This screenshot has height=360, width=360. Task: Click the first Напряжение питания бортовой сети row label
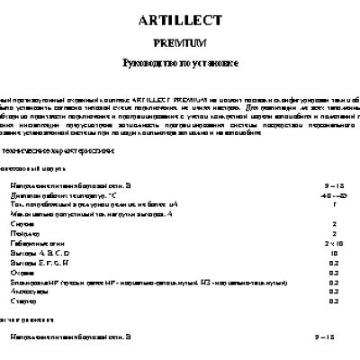coord(71,184)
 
